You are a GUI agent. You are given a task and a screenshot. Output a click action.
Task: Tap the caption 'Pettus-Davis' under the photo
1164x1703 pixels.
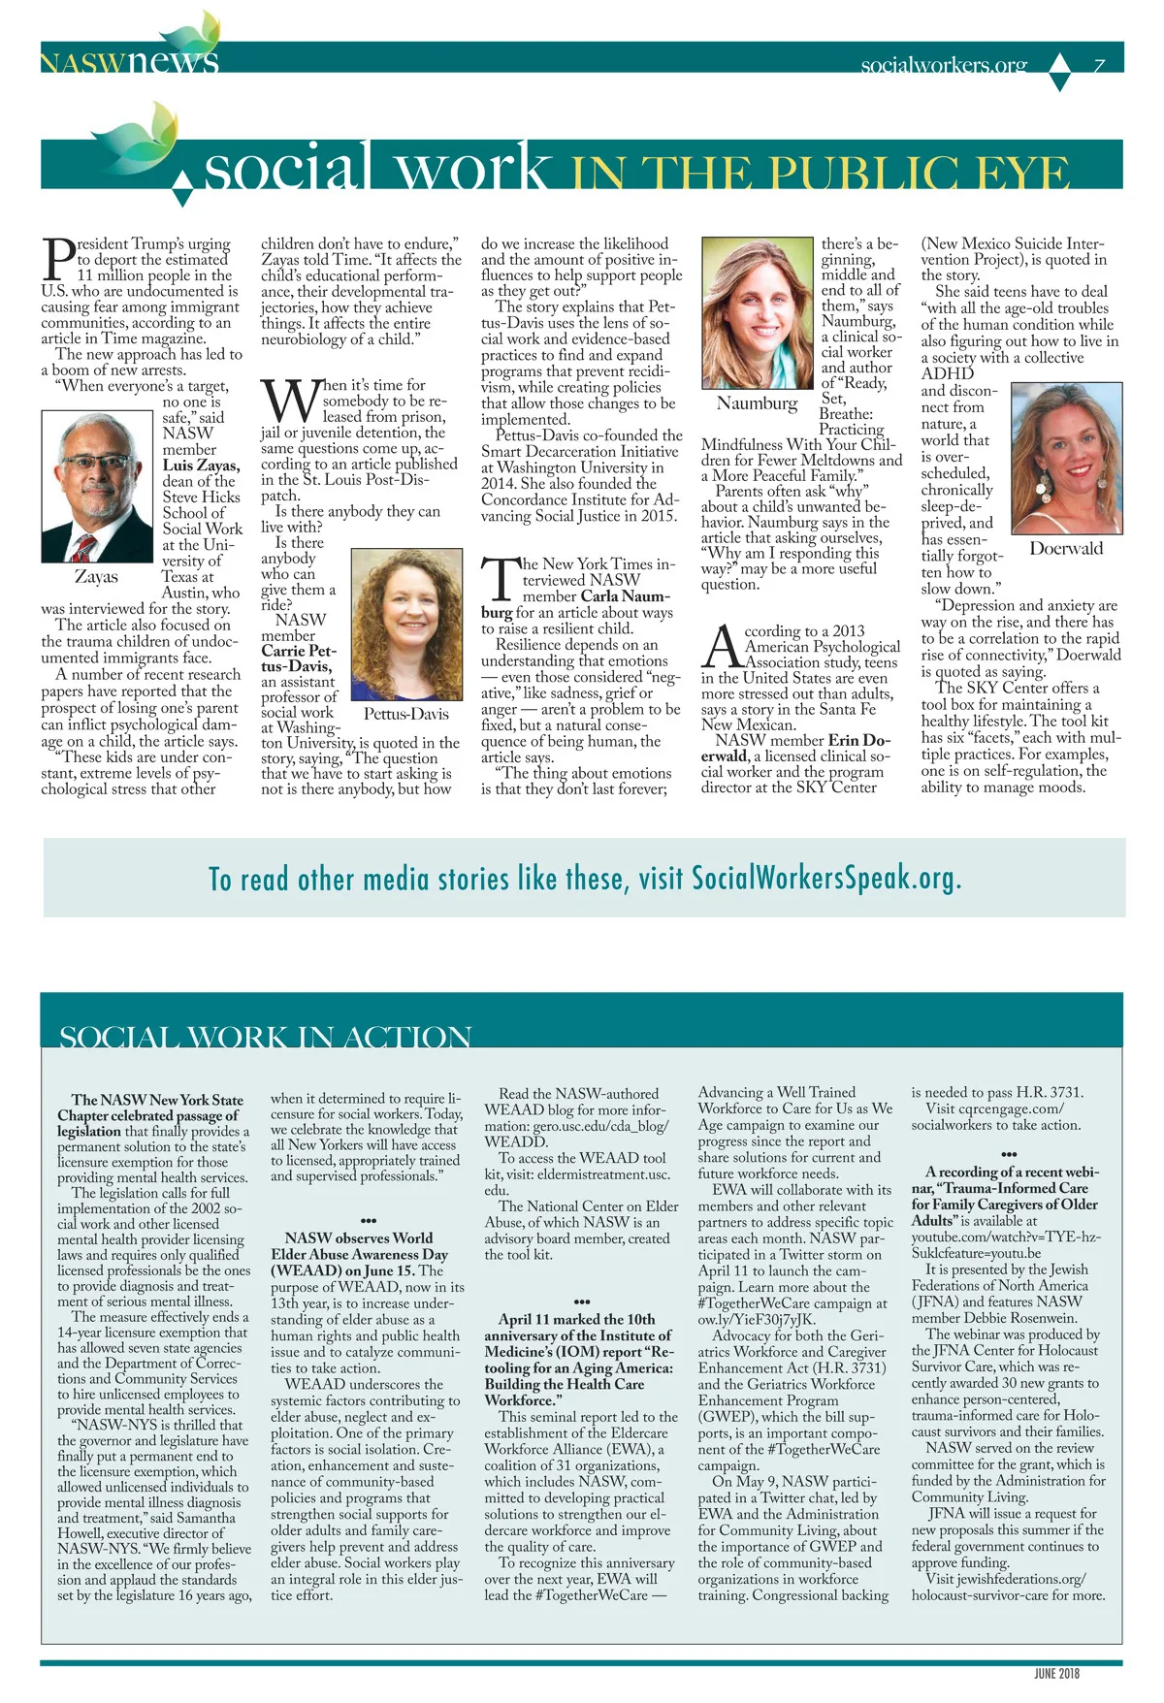[405, 715]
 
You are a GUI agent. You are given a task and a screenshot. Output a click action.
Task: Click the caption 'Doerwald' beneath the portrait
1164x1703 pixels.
[1066, 549]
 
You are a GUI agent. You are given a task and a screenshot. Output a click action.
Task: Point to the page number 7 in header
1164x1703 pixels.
[1099, 66]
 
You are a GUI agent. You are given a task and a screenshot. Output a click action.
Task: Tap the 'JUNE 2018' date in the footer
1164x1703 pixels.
[1056, 1673]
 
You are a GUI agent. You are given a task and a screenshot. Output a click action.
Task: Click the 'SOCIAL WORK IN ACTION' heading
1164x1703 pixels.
[265, 1037]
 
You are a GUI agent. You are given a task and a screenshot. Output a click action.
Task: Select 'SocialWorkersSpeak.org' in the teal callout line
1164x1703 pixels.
[825, 879]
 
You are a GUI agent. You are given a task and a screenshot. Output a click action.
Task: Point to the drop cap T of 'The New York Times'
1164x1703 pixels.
[500, 579]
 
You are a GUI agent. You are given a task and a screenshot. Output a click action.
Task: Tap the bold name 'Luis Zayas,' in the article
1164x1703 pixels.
[201, 466]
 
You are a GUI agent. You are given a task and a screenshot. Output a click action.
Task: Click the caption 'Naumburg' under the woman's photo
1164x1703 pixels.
[757, 403]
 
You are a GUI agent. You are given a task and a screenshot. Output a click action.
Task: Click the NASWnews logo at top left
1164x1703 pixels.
[129, 60]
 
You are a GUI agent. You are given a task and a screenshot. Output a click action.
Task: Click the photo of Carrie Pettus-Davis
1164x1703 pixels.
[405, 626]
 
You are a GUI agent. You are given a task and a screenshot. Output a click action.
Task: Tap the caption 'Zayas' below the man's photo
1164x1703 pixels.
[96, 577]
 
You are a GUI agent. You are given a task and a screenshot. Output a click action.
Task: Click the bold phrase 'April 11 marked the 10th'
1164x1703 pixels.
[576, 1319]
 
